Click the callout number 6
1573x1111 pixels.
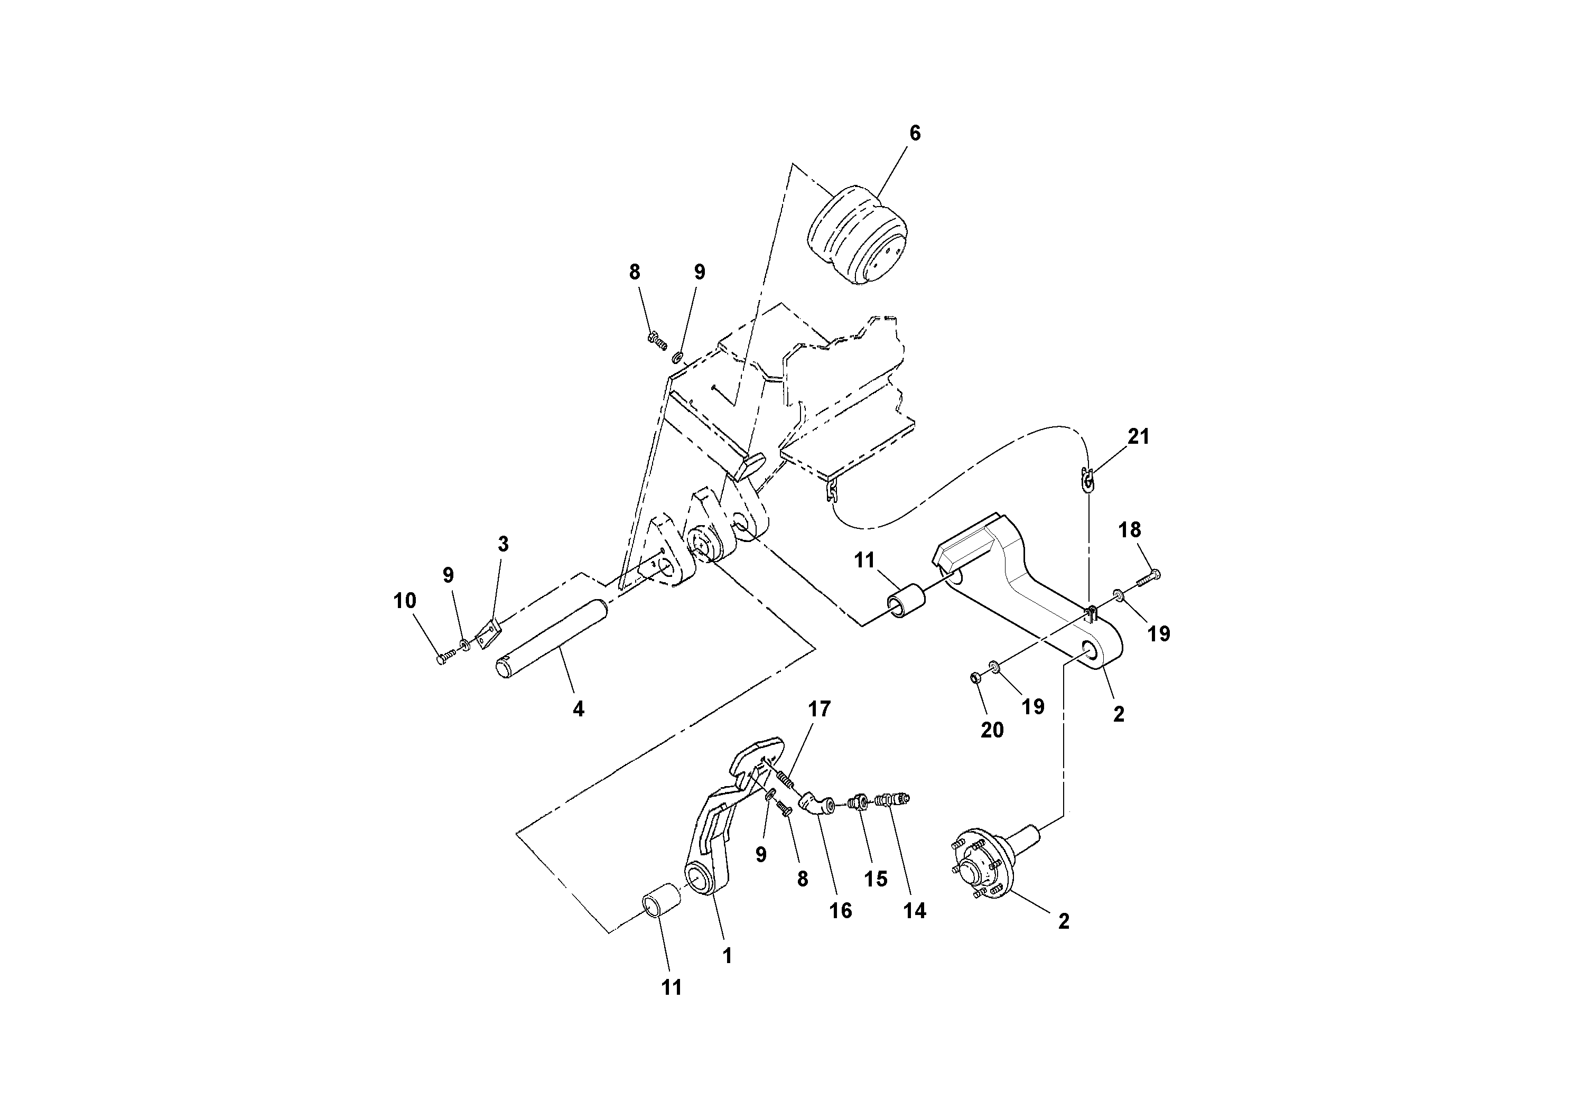pos(915,133)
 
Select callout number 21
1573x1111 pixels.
pos(1138,436)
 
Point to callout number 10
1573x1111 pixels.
pos(405,601)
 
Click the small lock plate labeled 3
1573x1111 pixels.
pos(488,633)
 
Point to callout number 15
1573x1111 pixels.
pos(876,879)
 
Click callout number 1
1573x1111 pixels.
pos(728,956)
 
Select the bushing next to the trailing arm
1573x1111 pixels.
pos(906,601)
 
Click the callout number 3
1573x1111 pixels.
pos(503,545)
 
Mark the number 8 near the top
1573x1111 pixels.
pos(635,273)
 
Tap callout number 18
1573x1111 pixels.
pos(1130,529)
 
